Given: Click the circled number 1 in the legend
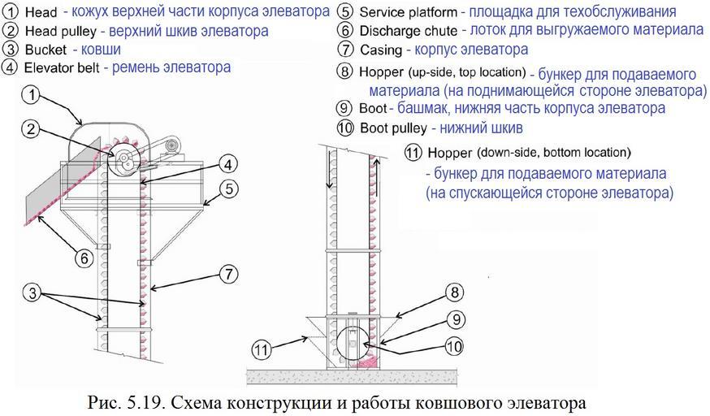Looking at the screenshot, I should (11, 13).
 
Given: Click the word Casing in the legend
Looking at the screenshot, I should (380, 50).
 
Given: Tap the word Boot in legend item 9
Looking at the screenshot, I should (372, 108).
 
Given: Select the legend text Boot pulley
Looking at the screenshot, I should (392, 128).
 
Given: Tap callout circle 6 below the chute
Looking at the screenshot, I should (84, 258).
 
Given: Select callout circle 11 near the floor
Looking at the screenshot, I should (260, 350).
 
